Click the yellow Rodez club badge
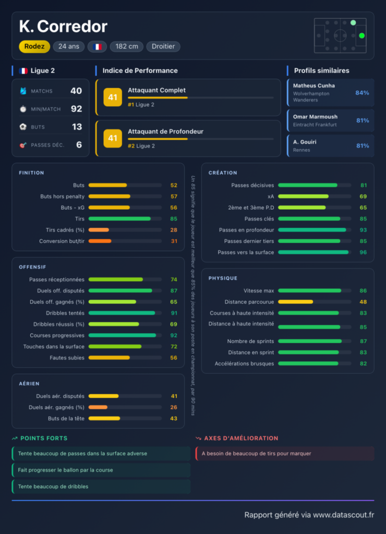coord(34,46)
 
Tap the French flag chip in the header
coord(97,46)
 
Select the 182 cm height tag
coord(126,46)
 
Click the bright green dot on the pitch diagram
coord(362,35)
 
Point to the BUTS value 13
coord(77,127)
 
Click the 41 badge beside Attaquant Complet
coord(113,98)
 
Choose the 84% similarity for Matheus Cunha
coord(362,93)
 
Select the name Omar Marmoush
coord(315,117)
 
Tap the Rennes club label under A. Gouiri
coord(301,150)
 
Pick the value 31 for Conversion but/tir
coord(174,241)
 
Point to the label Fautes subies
coord(67,358)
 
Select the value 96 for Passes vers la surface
coord(363,252)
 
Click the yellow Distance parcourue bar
coord(295,302)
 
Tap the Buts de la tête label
coord(66,419)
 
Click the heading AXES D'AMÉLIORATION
coord(241,438)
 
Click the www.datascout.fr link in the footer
coord(343,515)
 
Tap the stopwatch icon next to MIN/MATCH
coord(23,109)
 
